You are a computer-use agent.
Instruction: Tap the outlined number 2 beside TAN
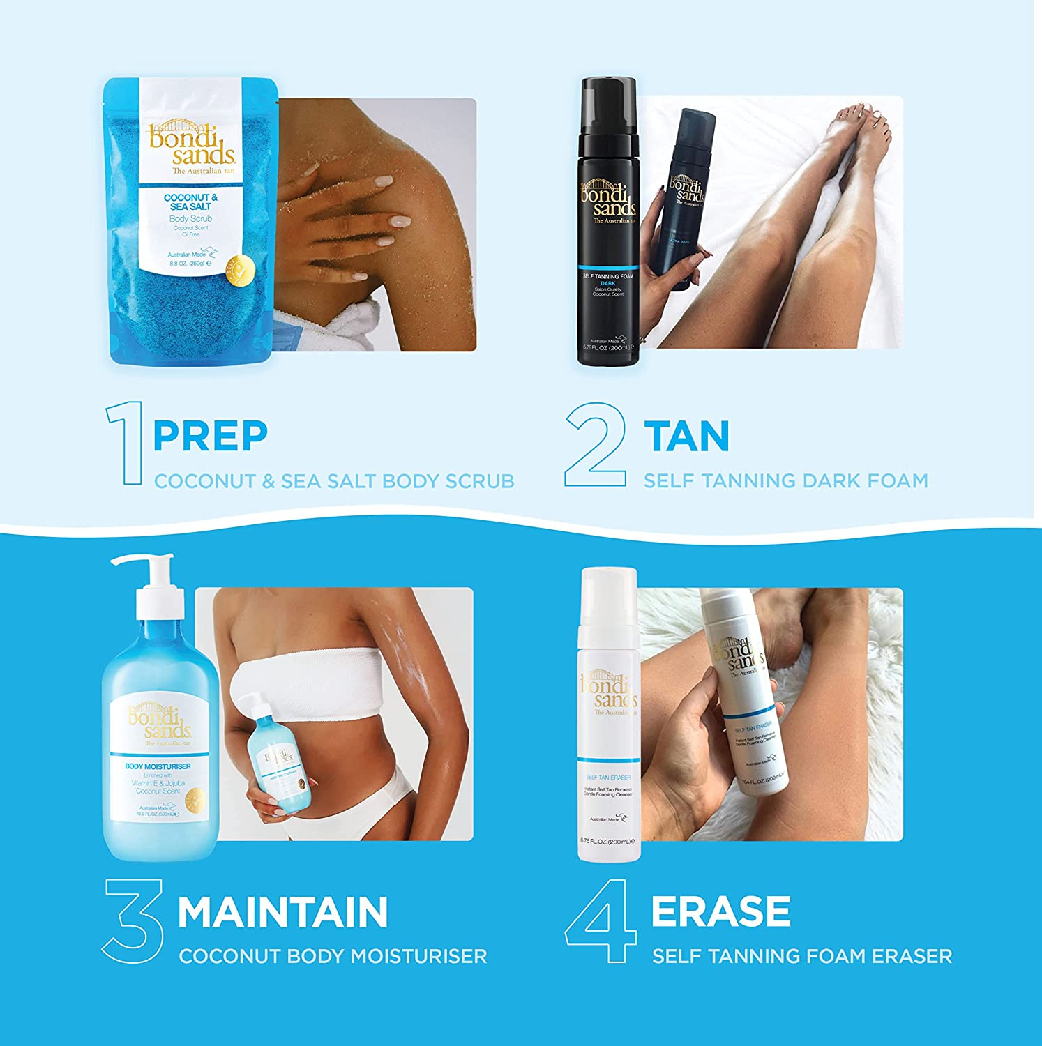coord(595,444)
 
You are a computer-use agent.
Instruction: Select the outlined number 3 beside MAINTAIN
coord(133,920)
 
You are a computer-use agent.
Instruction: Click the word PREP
coord(210,436)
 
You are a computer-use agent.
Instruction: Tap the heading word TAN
coord(686,436)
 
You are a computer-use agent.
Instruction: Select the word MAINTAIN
coord(282,912)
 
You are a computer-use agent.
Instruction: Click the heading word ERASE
coord(720,911)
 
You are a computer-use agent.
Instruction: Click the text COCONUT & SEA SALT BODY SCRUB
coord(334,481)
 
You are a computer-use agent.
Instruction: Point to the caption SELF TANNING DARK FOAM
coord(785,480)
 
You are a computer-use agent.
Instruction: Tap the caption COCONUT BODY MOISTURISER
coord(333,956)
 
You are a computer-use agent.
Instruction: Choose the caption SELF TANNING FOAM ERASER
coord(801,956)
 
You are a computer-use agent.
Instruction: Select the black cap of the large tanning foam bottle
coord(607,108)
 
